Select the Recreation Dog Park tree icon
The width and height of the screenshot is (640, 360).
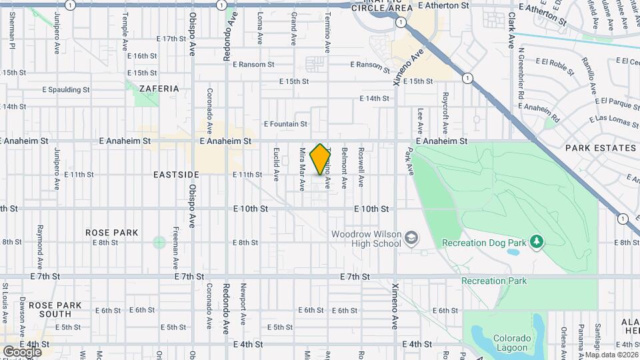(537, 241)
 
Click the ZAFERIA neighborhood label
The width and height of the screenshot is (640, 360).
(159, 88)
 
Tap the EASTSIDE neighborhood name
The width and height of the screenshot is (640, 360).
(176, 175)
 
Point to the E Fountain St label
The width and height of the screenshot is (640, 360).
(285, 124)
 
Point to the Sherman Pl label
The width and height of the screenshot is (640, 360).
(12, 25)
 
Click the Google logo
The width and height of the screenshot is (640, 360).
(22, 351)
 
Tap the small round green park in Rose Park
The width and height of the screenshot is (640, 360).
(159, 242)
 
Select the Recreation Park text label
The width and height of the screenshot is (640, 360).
(494, 281)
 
